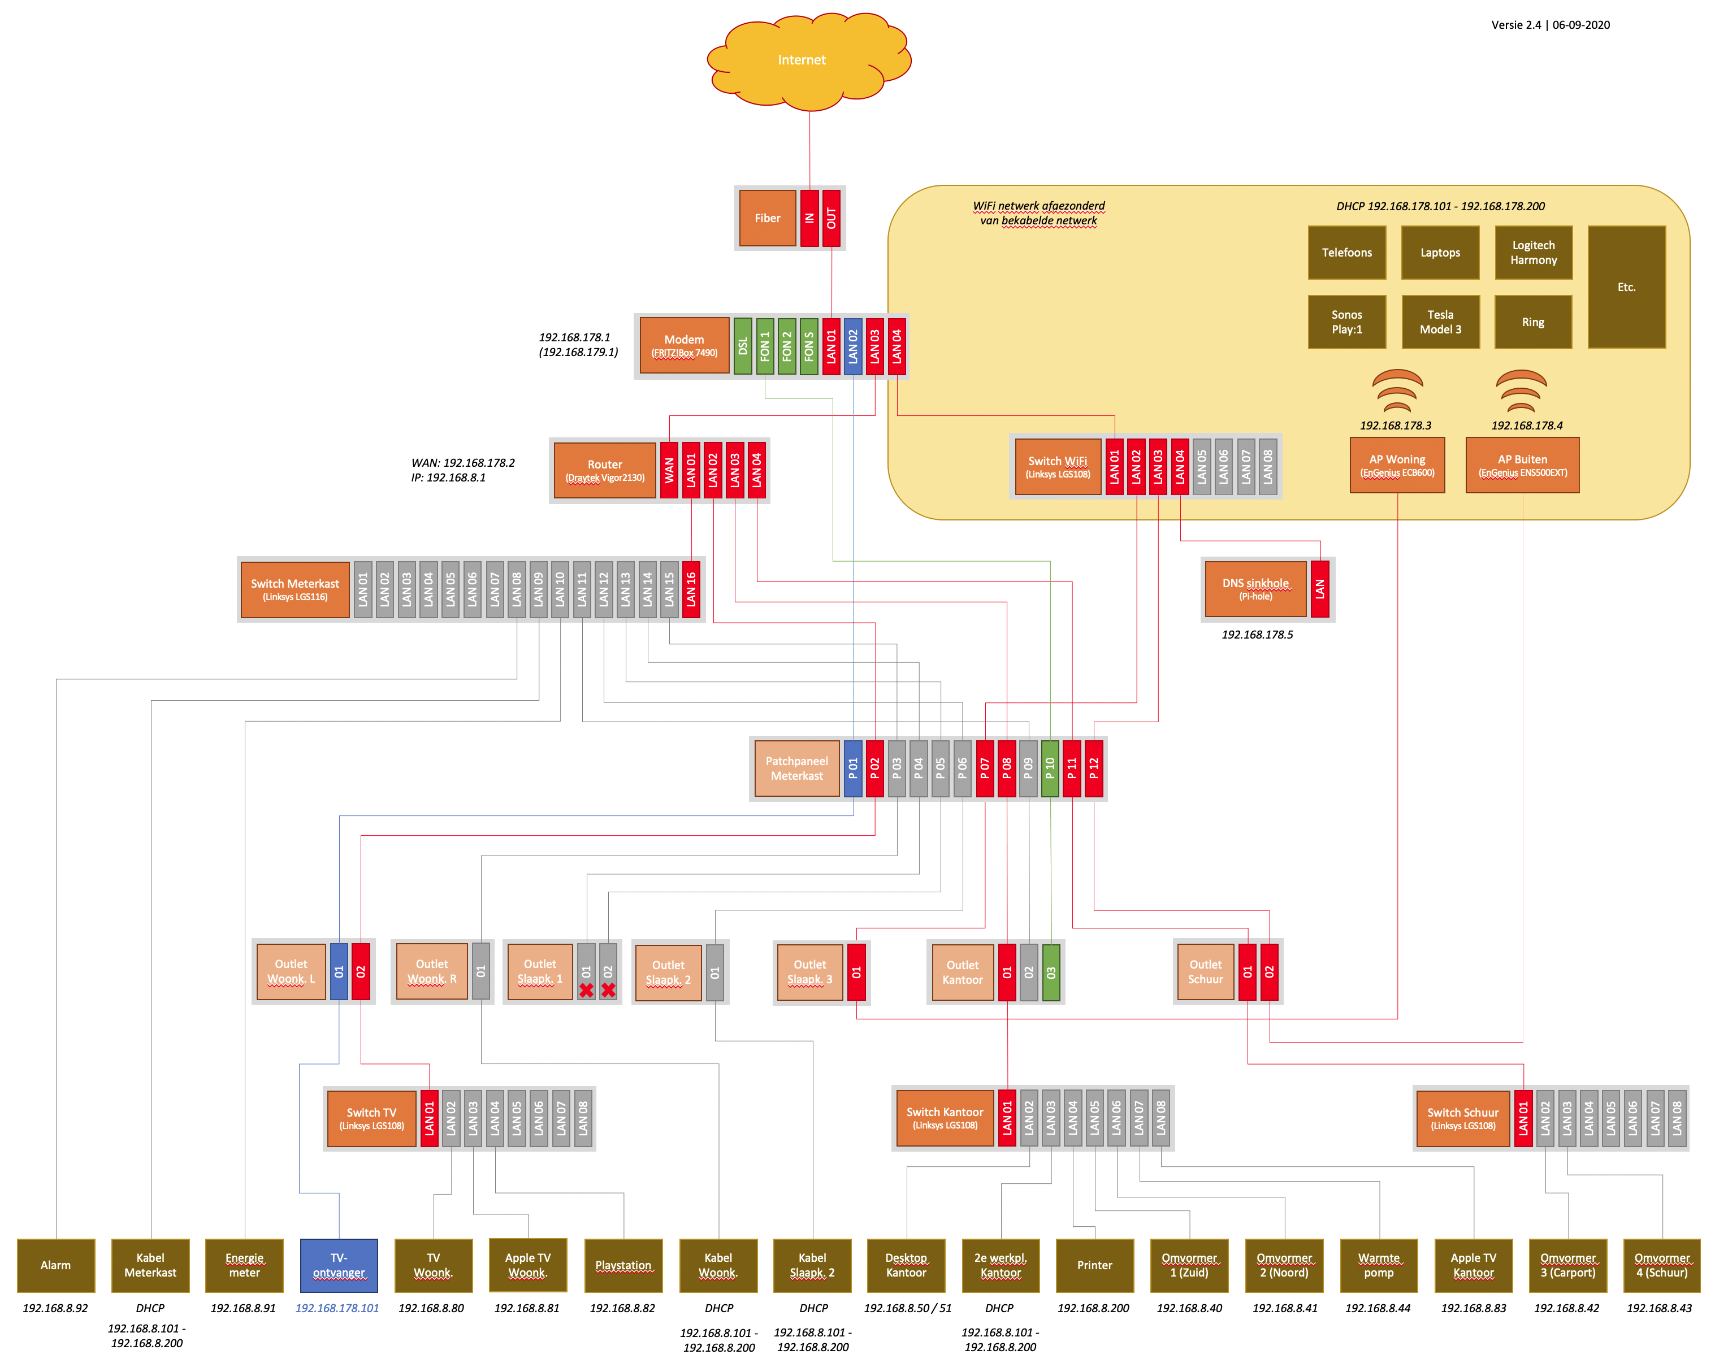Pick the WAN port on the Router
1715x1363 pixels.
[669, 470]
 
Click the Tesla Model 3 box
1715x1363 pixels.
[1440, 322]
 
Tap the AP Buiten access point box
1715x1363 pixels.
[1522, 465]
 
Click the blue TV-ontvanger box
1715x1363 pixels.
[339, 1265]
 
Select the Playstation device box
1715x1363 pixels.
[623, 1265]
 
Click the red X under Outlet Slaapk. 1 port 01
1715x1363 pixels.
[586, 990]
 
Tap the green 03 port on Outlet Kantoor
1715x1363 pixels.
[1051, 972]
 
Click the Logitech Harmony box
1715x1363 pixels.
[1533, 253]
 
